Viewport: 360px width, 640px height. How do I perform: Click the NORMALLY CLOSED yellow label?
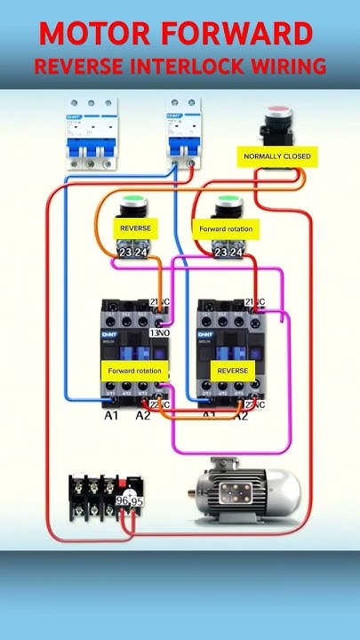click(x=277, y=156)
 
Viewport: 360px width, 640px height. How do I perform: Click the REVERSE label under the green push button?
click(x=135, y=228)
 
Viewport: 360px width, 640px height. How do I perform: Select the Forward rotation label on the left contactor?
click(x=135, y=370)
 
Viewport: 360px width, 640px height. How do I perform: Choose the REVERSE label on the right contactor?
click(x=232, y=370)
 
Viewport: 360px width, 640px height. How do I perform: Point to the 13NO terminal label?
click(x=160, y=333)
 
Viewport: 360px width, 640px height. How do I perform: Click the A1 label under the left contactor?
click(x=111, y=415)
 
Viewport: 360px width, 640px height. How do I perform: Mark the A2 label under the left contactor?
click(x=142, y=415)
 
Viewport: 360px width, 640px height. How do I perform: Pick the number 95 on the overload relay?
click(x=138, y=502)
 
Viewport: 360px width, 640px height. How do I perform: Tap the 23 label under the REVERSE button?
click(x=125, y=252)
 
